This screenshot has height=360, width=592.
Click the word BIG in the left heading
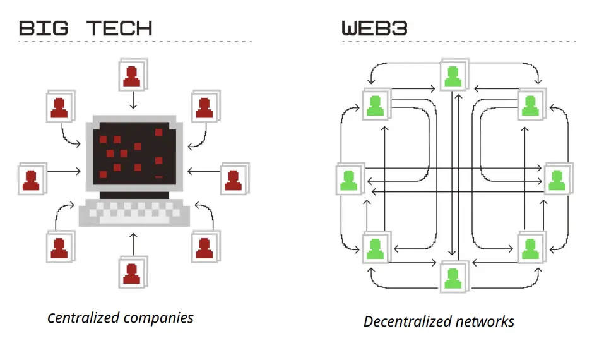click(x=47, y=28)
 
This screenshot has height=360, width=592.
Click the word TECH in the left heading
click(x=119, y=28)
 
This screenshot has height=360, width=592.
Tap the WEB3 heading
click(x=374, y=28)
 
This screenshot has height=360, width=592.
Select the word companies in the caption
click(x=159, y=318)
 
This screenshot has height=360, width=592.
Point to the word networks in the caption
click(x=487, y=321)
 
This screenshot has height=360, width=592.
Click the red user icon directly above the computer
click(x=132, y=76)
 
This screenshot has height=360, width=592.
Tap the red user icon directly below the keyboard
click(x=132, y=272)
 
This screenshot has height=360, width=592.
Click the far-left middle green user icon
click(x=349, y=179)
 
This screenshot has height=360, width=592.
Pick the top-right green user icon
click(x=531, y=105)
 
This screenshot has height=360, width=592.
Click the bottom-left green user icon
click(x=375, y=247)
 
